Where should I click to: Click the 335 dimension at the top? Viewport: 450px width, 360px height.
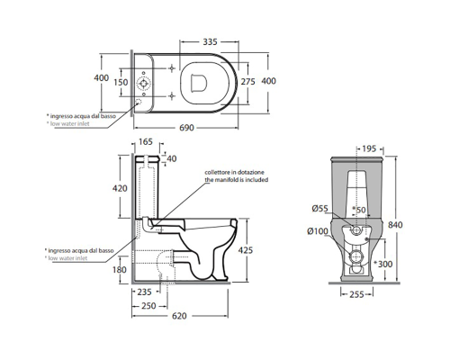pos(210,41)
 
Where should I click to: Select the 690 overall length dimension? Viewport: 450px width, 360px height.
pos(186,128)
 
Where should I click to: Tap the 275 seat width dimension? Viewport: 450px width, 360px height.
pos(248,82)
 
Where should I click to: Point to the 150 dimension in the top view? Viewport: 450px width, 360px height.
pos(121,82)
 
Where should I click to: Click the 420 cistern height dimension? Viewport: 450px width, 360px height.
pos(120,188)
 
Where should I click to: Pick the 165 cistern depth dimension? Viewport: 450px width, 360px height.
pos(146,141)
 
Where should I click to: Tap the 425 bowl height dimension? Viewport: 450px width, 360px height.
pos(246,250)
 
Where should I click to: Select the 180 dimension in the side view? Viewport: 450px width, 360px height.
pos(120,270)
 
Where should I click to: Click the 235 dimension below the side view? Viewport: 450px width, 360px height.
pos(144,292)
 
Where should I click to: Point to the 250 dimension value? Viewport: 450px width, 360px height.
pos(148,306)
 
